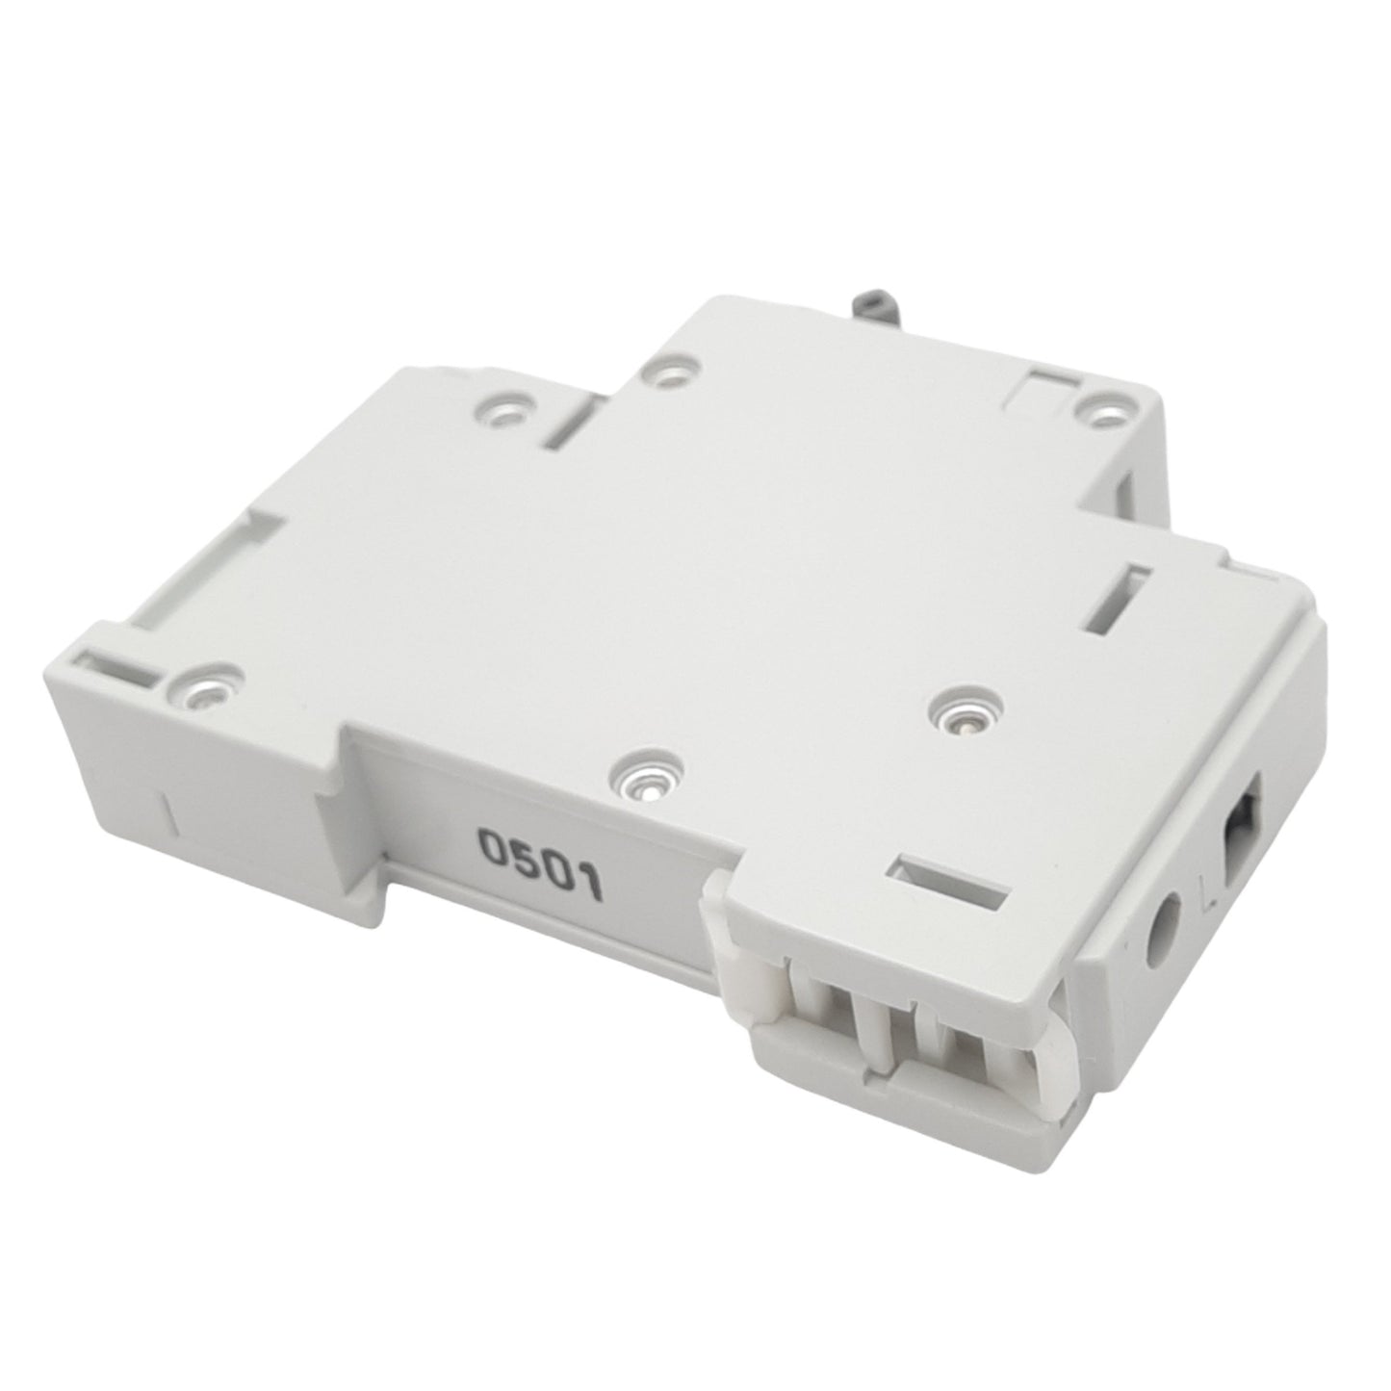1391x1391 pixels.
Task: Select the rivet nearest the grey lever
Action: coord(666,369)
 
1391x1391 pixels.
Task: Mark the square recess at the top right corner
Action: coord(1044,386)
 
